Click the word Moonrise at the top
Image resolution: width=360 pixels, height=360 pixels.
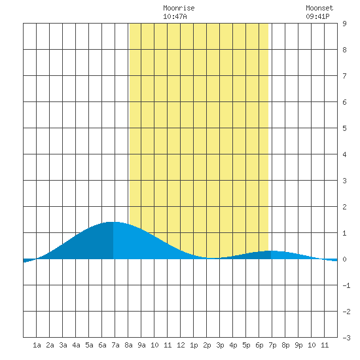[179, 8]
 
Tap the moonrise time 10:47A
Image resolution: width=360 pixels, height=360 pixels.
[175, 16]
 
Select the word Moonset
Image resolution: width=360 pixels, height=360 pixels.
[319, 8]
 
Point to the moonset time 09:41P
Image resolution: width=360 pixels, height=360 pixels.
[317, 16]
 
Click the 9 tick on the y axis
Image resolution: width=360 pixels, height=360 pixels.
[344, 24]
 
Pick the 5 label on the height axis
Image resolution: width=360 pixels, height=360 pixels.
[344, 128]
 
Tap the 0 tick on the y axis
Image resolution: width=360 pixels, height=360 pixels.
[344, 259]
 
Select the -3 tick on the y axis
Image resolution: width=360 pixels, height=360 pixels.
[346, 338]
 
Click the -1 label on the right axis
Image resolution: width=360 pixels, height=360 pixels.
[346, 285]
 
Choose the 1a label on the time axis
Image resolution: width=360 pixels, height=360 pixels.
[37, 345]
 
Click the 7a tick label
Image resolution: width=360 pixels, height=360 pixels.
[115, 345]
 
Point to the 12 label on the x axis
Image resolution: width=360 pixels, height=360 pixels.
[181, 345]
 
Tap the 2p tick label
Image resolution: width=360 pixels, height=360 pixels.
[207, 345]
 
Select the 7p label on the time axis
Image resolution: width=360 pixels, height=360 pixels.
[272, 345]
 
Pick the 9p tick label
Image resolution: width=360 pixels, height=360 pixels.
[298, 345]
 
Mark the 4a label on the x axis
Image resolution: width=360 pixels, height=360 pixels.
[76, 345]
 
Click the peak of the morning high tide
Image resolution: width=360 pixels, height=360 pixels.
[113, 222]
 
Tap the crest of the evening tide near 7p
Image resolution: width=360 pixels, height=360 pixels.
[272, 251]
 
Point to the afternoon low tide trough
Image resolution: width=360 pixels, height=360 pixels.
[213, 259]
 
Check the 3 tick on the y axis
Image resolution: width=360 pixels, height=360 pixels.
[344, 181]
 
